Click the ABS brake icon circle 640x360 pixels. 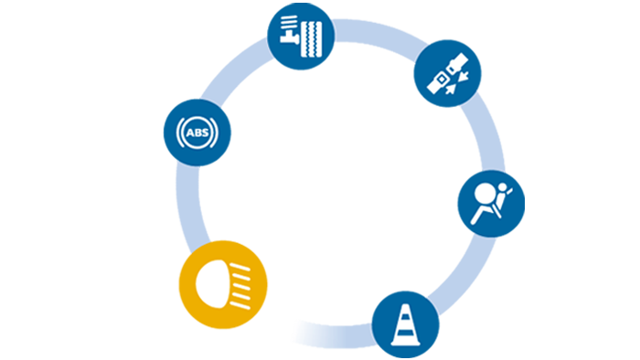click(x=197, y=132)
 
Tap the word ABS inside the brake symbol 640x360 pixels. click(x=197, y=132)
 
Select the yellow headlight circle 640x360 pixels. click(x=223, y=284)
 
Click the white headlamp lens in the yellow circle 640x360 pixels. click(x=211, y=284)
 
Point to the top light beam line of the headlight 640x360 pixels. click(x=240, y=267)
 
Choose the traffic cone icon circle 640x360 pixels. click(x=405, y=324)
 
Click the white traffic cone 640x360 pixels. click(x=405, y=325)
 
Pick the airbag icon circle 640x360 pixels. click(x=491, y=204)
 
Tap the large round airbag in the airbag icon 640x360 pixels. click(x=485, y=194)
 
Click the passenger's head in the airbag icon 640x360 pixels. click(x=503, y=187)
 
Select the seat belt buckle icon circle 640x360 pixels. click(x=447, y=73)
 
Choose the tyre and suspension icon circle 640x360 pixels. click(x=301, y=36)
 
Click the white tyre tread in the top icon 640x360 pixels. click(x=312, y=39)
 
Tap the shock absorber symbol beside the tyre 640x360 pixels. click(x=289, y=30)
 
